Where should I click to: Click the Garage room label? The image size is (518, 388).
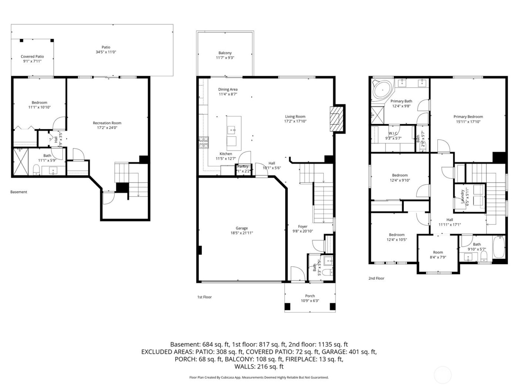242,228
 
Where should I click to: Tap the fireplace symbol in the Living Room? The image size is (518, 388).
337,119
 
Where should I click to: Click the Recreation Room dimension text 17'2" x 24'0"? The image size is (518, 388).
107,128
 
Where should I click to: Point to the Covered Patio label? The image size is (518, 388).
32,57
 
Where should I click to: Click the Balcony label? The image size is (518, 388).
225,53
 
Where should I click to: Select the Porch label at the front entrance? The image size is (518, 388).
310,296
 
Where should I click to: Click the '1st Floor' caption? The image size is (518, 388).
204,297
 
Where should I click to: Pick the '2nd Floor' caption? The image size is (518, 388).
376,278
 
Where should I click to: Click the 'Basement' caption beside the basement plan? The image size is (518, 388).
18,192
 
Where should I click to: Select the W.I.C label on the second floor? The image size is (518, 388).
393,133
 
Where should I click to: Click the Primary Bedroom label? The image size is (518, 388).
468,116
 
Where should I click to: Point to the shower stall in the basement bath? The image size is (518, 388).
21,161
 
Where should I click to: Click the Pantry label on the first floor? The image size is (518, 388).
243,166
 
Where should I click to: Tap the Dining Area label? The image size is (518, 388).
228,89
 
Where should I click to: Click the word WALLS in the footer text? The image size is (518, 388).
243,367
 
